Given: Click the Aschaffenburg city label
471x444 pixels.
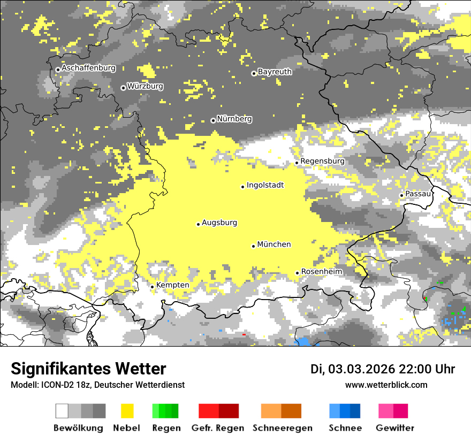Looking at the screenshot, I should [88, 68].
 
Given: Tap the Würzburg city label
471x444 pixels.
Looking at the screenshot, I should [145, 86].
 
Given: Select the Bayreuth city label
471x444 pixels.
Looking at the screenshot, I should [275, 72].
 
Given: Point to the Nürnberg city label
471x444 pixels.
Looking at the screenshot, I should [234, 119].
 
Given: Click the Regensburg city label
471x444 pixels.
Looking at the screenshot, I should [322, 161].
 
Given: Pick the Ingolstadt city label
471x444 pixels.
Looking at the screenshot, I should [265, 185].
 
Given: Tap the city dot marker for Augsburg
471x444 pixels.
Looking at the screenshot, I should [198, 224].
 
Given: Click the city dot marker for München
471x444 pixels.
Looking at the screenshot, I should [254, 246].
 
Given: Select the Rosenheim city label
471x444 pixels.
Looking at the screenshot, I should [321, 272].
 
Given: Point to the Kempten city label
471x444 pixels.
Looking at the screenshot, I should [173, 285].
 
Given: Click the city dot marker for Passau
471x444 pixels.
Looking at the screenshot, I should [401, 195].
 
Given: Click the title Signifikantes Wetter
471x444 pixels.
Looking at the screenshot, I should [88, 369].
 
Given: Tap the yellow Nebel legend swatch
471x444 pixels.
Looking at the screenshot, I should [127, 411].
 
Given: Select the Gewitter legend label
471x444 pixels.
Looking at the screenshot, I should [394, 428].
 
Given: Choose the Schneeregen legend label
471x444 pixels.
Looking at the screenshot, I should [283, 428].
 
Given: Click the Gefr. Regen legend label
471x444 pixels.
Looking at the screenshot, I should [217, 428].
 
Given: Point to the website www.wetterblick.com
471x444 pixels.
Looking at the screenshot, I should [386, 385].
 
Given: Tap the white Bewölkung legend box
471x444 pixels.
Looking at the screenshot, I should [62, 411].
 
